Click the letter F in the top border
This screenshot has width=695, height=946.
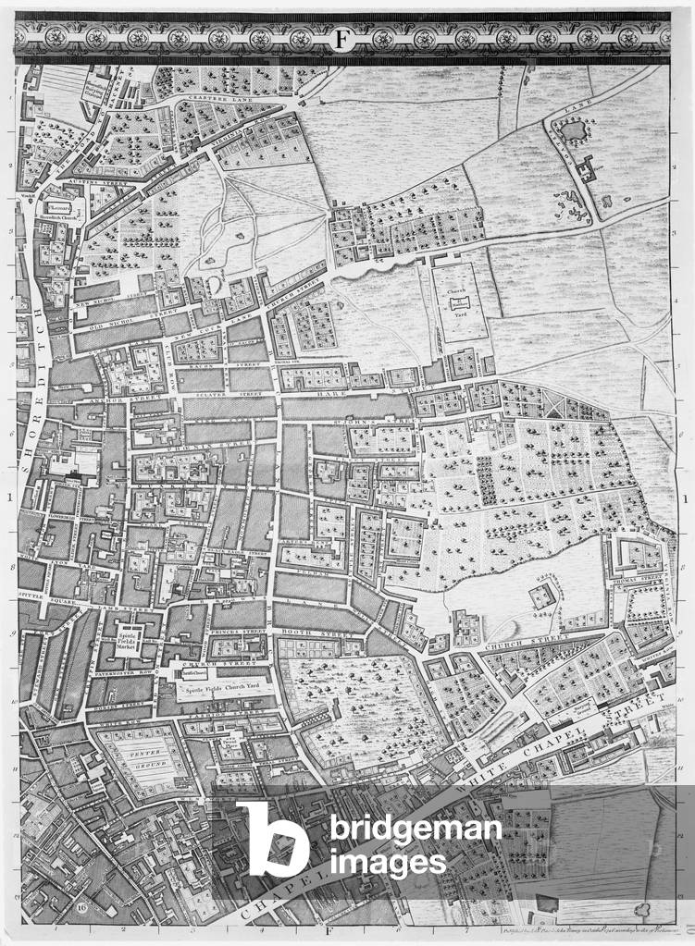click(343, 39)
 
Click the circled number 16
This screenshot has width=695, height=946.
click(81, 908)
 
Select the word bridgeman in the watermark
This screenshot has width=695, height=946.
click(416, 829)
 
